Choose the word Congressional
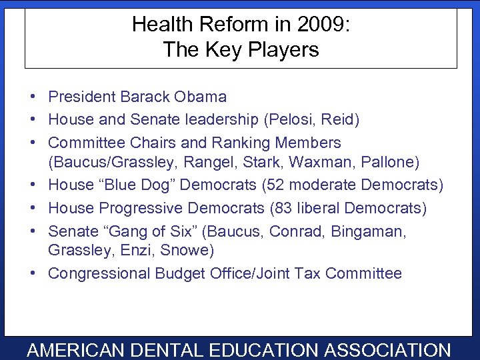coord(99,273)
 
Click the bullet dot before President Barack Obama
coord(33,97)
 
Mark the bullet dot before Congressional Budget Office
coord(33,274)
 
